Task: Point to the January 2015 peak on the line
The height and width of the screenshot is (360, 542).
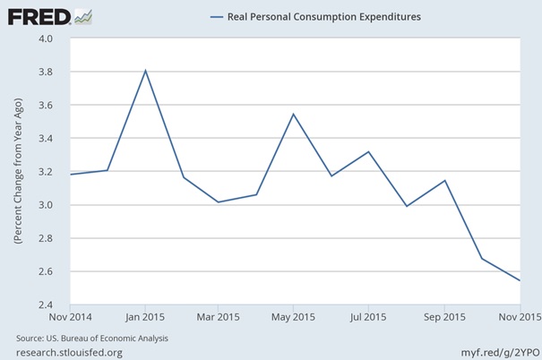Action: click(x=145, y=71)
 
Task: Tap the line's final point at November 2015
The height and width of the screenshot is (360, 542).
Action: click(x=518, y=280)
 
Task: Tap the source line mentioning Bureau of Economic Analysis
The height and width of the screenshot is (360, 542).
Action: click(x=92, y=339)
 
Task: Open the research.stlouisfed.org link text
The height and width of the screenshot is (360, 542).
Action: click(x=69, y=352)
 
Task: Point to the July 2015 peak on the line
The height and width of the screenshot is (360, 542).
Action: click(x=369, y=151)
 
